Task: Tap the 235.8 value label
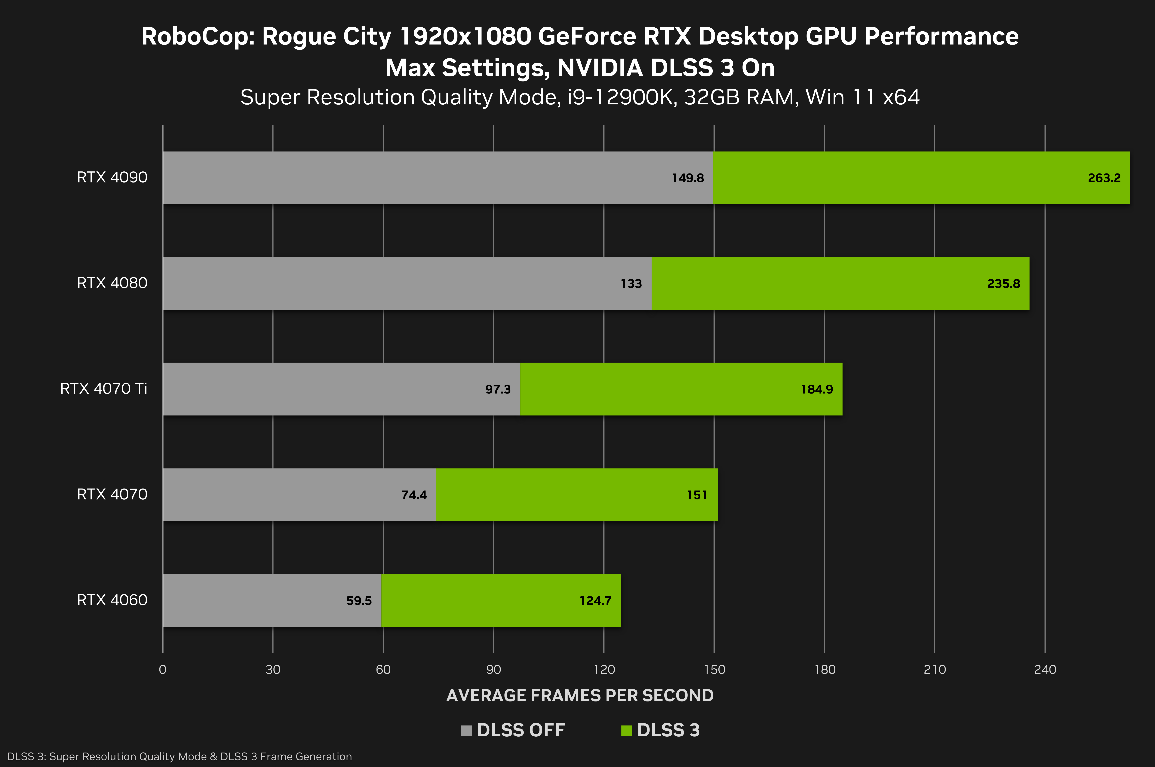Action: (1003, 284)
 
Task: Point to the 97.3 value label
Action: (498, 389)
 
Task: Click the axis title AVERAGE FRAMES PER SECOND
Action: (580, 695)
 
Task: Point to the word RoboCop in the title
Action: (198, 37)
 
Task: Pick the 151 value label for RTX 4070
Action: (697, 495)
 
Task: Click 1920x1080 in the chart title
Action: (465, 37)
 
